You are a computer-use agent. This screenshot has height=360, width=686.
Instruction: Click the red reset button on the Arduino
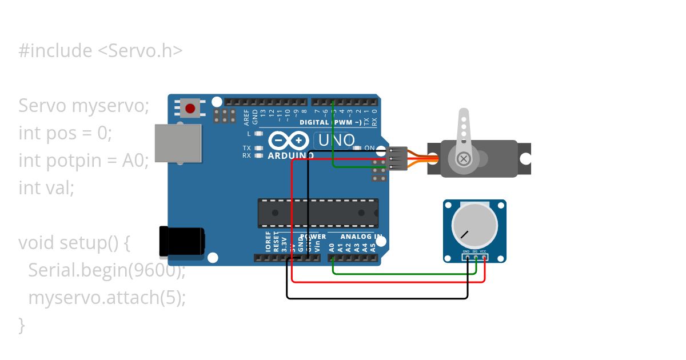[x=190, y=107]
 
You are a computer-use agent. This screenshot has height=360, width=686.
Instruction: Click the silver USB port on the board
[x=178, y=144]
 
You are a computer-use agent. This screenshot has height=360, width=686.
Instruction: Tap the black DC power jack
[x=182, y=241]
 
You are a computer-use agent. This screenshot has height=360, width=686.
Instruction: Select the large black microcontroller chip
[x=318, y=213]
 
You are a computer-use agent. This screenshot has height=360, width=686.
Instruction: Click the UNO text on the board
[x=336, y=140]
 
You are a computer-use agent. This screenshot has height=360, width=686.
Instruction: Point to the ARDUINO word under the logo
[x=290, y=155]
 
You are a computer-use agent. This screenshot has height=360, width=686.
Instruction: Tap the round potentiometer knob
[x=474, y=225]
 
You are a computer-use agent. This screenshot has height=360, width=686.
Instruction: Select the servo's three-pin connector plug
[x=398, y=159]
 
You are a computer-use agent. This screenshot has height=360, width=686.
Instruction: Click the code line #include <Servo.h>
[x=101, y=51]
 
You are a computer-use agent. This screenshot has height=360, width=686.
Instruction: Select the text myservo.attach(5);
[x=107, y=298]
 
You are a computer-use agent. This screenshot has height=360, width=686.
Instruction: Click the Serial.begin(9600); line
[x=107, y=270]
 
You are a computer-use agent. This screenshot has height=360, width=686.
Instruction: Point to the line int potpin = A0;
[x=83, y=161]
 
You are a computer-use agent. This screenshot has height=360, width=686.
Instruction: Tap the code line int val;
[x=46, y=188]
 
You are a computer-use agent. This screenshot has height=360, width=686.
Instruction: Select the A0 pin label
[x=332, y=247]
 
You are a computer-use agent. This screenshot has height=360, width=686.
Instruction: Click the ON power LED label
[x=369, y=148]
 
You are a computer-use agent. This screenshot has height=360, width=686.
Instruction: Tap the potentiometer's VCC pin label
[x=483, y=251]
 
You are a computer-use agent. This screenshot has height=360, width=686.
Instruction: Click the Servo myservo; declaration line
[x=83, y=106]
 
